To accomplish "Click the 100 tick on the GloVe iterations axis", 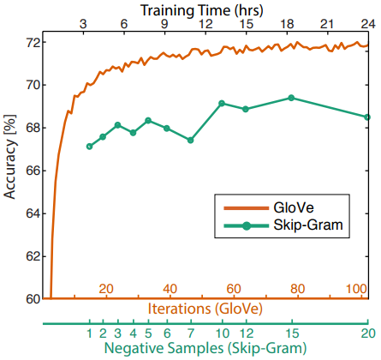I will [356, 289].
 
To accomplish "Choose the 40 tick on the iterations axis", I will [170, 289].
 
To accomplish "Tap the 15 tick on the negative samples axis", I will [291, 333].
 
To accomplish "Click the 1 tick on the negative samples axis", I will [89, 333].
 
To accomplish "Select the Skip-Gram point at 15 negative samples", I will [291, 98].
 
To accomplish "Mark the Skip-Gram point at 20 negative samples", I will [367, 117].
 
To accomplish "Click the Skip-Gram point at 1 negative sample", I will [89, 147].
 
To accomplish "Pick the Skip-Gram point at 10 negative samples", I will [222, 104].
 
